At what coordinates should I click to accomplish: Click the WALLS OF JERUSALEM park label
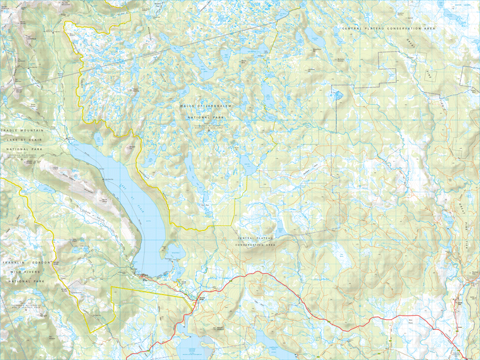pos(205,106)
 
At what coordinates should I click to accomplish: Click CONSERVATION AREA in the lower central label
pos(255,245)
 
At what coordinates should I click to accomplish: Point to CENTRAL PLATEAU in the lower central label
pos(255,239)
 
